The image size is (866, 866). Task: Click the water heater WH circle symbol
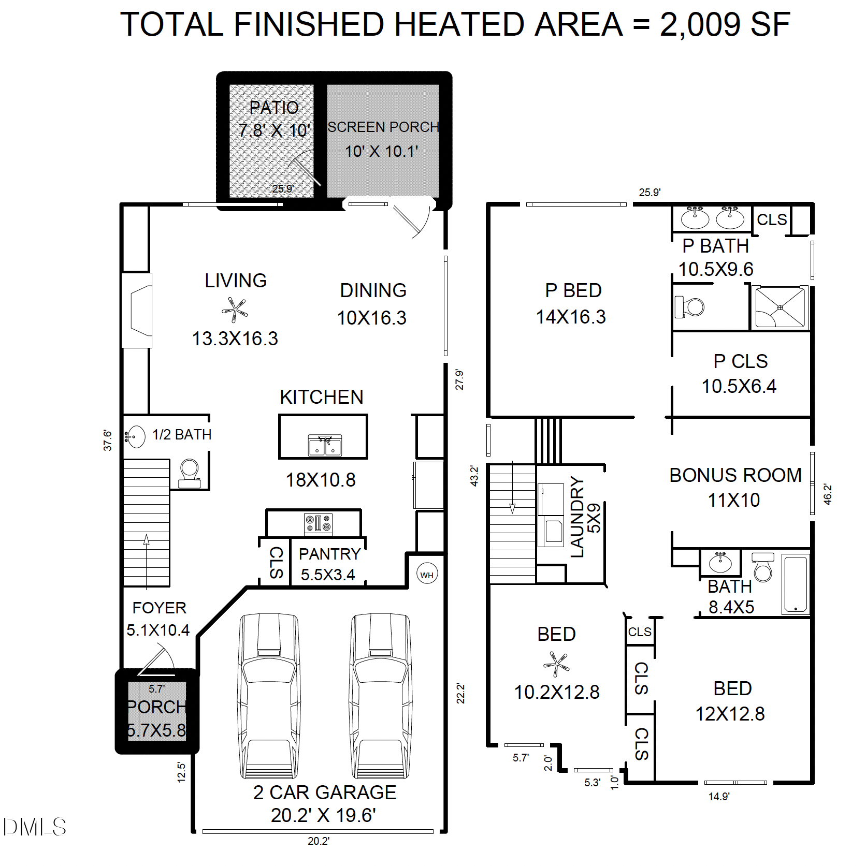coord(427,575)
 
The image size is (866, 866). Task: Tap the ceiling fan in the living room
coord(235,310)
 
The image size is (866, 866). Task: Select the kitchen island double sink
coord(325,446)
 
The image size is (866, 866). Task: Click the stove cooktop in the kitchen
coord(318,523)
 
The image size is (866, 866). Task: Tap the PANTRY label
coord(329,554)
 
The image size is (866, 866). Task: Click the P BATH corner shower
coord(780,307)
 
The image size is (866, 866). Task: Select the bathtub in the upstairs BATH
coord(795,584)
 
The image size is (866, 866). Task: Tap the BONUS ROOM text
coord(735,475)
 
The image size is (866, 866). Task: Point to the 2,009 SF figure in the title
coord(725,24)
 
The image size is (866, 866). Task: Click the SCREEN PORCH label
coord(383,127)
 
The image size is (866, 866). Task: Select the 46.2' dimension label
coord(827,494)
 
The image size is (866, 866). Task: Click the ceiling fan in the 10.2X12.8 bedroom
coord(556,664)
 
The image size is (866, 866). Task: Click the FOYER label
coord(159,608)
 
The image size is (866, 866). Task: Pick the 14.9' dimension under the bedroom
coord(719,797)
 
